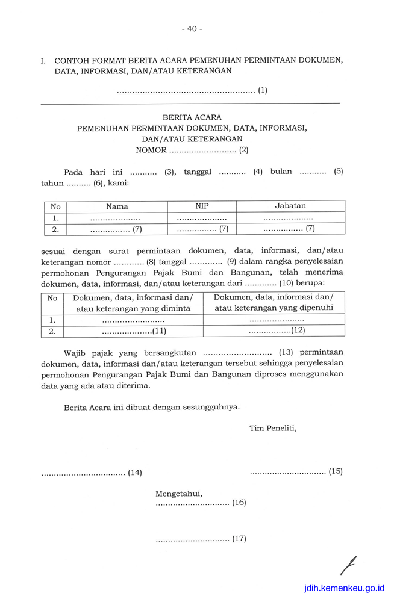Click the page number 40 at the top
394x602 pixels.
192,28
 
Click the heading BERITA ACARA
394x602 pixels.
192,117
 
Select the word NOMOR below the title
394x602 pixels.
151,150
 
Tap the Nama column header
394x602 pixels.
117,206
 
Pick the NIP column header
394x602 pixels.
202,206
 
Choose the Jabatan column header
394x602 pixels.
290,205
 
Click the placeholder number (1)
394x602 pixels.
263,91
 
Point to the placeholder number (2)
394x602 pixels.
243,150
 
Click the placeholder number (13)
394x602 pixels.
286,352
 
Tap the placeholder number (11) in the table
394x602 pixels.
159,330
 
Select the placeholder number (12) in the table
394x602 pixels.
298,330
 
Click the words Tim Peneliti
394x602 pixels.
273,429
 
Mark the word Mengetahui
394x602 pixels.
179,494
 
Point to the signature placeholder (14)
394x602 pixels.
135,473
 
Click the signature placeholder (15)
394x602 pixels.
336,471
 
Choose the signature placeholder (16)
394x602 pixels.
239,502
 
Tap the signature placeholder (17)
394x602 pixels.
239,539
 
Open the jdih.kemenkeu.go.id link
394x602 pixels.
344,588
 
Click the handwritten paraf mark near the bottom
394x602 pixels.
348,565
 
